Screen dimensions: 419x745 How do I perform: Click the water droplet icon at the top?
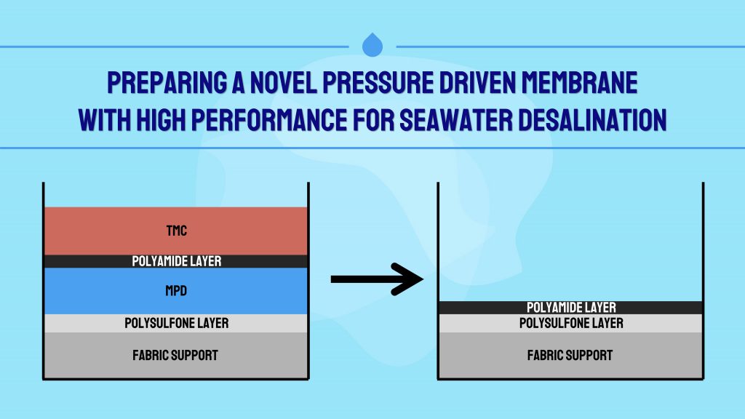click(372, 44)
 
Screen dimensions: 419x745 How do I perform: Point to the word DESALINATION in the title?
click(600, 119)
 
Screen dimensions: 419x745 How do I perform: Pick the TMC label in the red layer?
click(176, 231)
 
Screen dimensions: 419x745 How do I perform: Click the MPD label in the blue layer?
click(176, 291)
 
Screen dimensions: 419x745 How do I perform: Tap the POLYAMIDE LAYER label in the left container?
click(176, 261)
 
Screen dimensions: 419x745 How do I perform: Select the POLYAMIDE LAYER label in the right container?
click(571, 308)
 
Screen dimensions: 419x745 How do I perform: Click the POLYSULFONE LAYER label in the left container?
click(176, 323)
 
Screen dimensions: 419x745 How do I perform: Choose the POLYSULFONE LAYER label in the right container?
click(571, 323)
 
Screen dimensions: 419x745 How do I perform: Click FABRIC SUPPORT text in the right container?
click(570, 355)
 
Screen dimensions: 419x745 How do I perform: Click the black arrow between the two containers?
click(377, 279)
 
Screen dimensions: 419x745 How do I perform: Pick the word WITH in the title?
click(105, 119)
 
